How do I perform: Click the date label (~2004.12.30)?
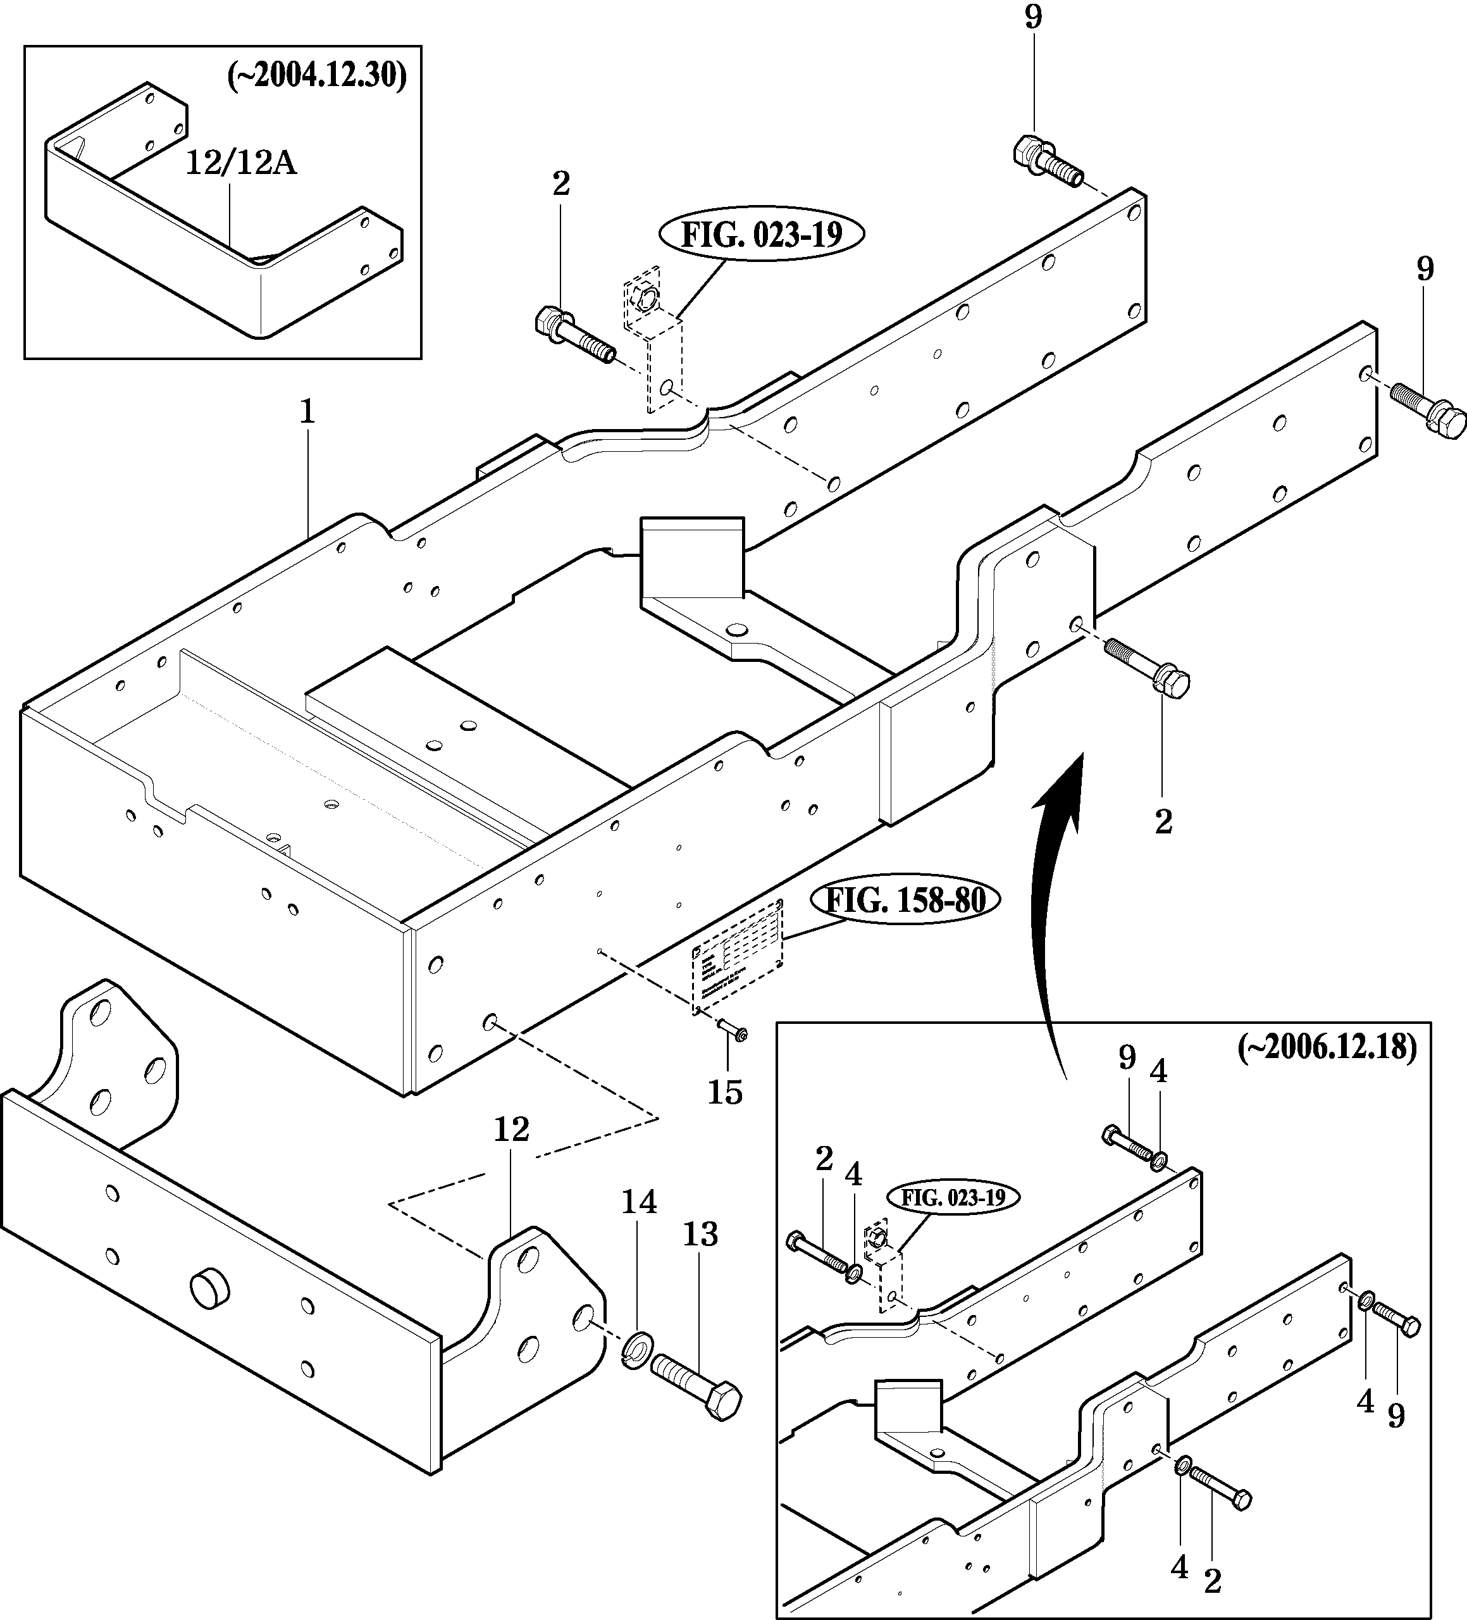(318, 77)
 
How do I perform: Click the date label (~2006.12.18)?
(1327, 1047)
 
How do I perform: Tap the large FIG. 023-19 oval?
(762, 235)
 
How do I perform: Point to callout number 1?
(307, 413)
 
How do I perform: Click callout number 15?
(725, 1092)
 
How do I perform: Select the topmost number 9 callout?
(1033, 17)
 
